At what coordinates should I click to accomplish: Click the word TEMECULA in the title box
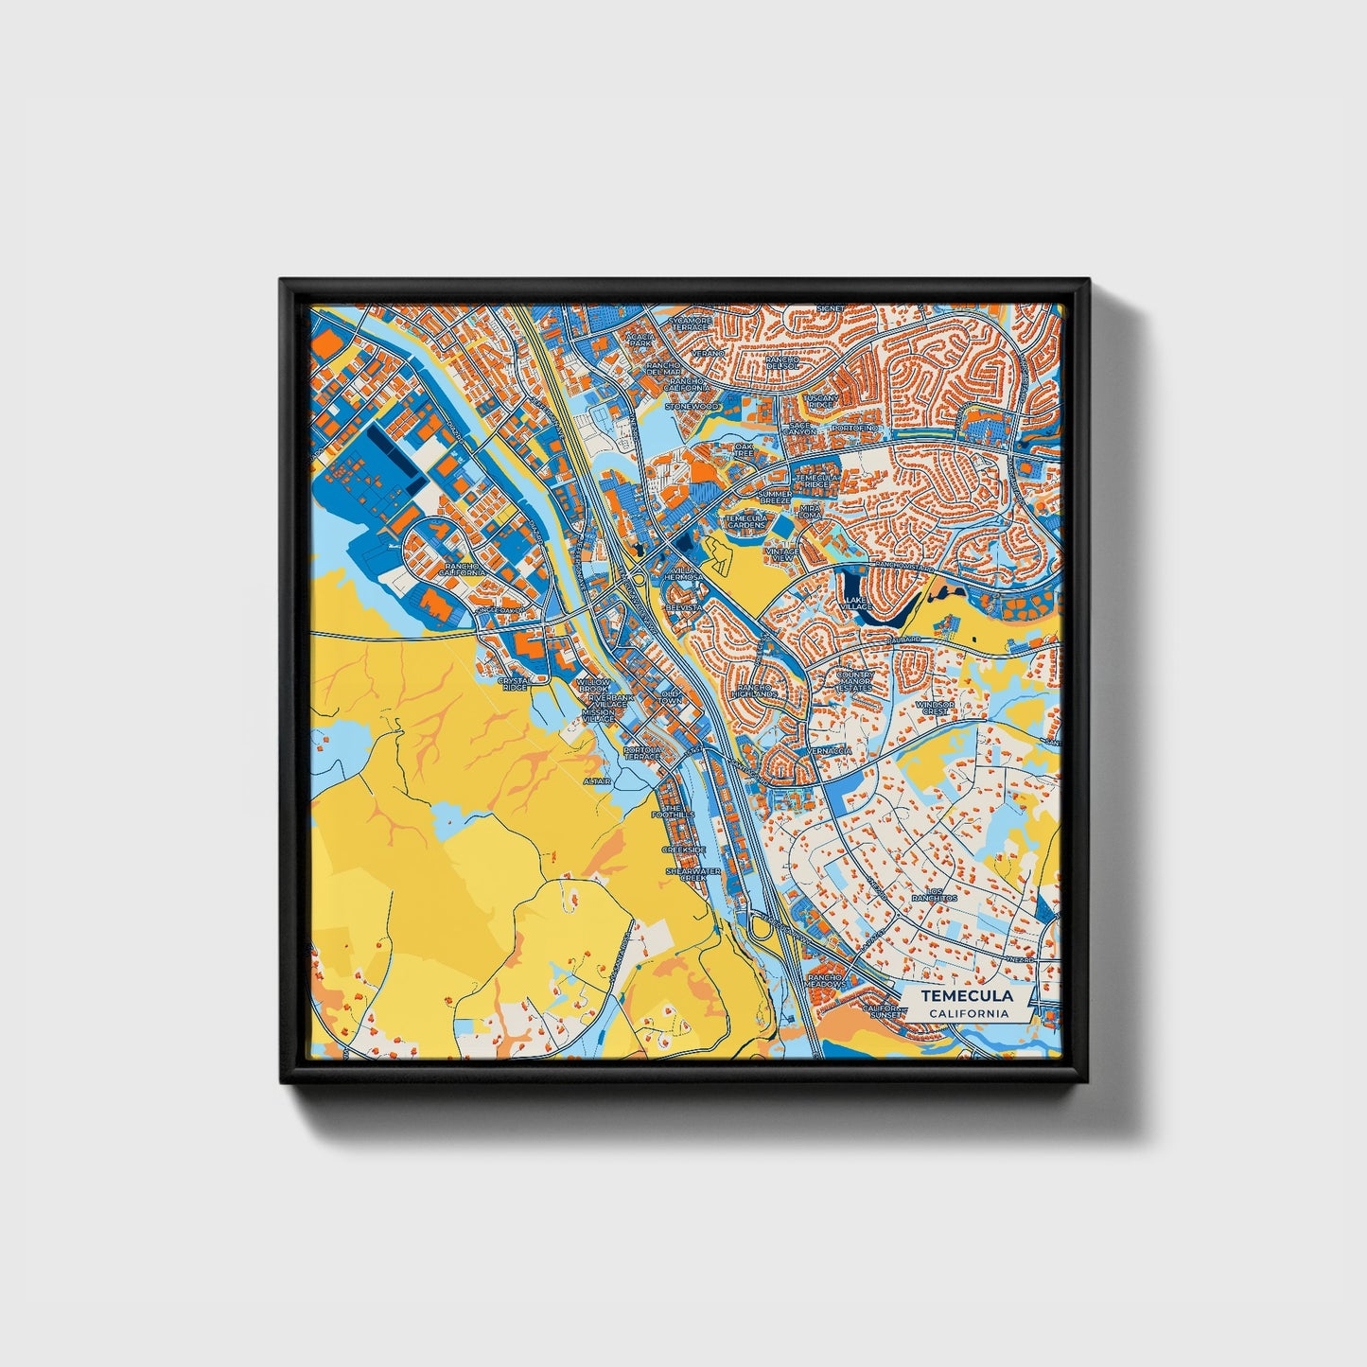coord(967,996)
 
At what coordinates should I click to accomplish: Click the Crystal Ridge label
coord(514,683)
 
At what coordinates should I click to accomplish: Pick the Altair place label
coord(597,781)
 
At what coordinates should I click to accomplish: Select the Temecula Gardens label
coord(746,521)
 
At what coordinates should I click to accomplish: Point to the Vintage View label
coord(782,554)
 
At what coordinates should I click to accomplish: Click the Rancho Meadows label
coord(826,981)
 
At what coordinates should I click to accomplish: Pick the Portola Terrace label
coord(642,753)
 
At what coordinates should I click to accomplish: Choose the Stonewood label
coord(691,406)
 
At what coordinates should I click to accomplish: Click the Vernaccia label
coord(830,751)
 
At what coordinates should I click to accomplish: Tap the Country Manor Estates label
coord(855,680)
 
